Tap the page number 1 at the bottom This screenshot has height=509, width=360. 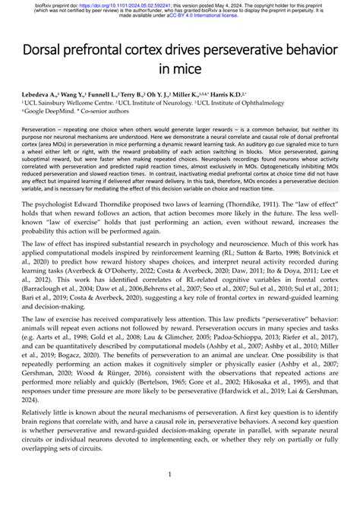coord(180,496)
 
